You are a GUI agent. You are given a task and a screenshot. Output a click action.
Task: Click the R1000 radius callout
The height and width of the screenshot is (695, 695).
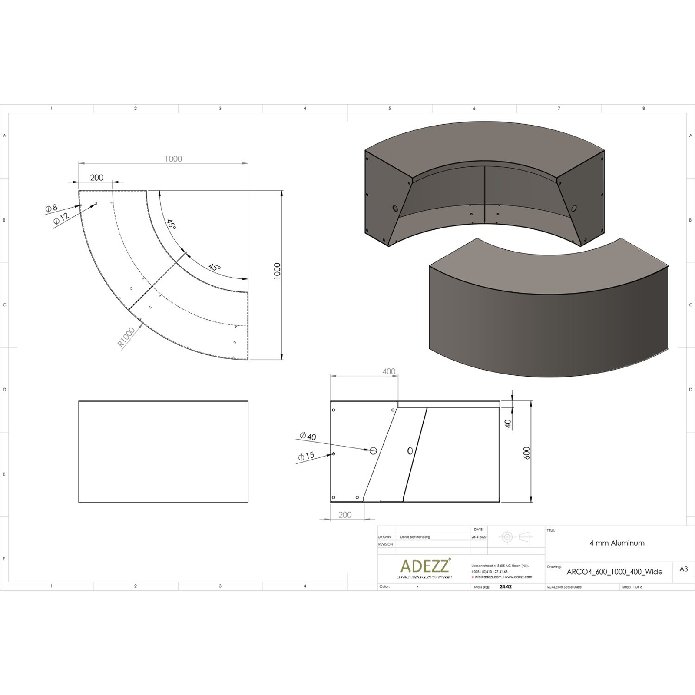[x=126, y=337]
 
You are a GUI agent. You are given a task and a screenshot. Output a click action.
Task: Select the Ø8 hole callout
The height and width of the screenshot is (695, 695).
[x=51, y=208]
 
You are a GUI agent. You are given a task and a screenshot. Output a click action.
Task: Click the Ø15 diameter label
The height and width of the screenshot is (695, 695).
[x=306, y=456]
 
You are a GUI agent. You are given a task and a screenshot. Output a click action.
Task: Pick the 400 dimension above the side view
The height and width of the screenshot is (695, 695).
[x=389, y=371]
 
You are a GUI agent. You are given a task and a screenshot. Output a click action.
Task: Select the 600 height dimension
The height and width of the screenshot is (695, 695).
[x=527, y=453]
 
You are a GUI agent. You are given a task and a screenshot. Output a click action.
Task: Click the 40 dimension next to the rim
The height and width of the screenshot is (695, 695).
[x=508, y=423]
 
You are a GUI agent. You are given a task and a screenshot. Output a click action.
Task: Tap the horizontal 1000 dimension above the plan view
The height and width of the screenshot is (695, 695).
[x=173, y=159]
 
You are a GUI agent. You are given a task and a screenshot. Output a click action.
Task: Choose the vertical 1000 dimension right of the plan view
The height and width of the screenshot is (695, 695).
[x=277, y=271]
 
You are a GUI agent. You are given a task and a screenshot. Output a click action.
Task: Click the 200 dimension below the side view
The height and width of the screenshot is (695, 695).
[x=344, y=515]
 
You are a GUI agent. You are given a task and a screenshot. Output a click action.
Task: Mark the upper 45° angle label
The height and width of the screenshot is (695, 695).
[x=172, y=225]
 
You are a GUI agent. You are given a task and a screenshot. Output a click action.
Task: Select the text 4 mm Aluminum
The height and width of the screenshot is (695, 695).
[x=617, y=543]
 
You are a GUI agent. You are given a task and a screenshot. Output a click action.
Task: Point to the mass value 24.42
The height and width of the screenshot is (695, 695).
[x=506, y=586]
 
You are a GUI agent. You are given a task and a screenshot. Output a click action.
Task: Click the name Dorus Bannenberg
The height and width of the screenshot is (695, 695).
[x=415, y=537]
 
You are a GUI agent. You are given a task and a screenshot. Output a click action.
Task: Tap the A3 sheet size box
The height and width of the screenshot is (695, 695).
[x=683, y=569]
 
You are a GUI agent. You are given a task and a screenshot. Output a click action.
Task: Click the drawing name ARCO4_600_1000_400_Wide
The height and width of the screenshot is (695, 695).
[x=614, y=572]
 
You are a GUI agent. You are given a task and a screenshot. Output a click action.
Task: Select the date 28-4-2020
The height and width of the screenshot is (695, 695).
[x=479, y=537]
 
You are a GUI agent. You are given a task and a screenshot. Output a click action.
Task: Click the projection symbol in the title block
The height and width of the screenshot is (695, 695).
[x=516, y=537]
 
